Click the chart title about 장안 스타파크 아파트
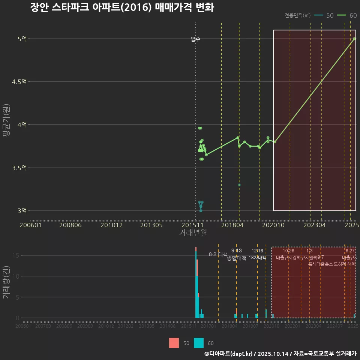(122, 7)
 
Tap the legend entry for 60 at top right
(346, 15)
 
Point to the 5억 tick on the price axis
(22, 39)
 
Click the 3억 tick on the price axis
(22, 211)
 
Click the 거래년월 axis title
(193, 233)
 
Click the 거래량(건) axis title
(6, 282)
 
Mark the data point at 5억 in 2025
(354, 39)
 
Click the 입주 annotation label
(195, 39)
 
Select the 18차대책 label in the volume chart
(257, 258)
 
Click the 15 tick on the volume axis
(16, 255)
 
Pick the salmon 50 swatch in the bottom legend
(174, 343)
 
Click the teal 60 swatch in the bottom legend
(199, 343)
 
